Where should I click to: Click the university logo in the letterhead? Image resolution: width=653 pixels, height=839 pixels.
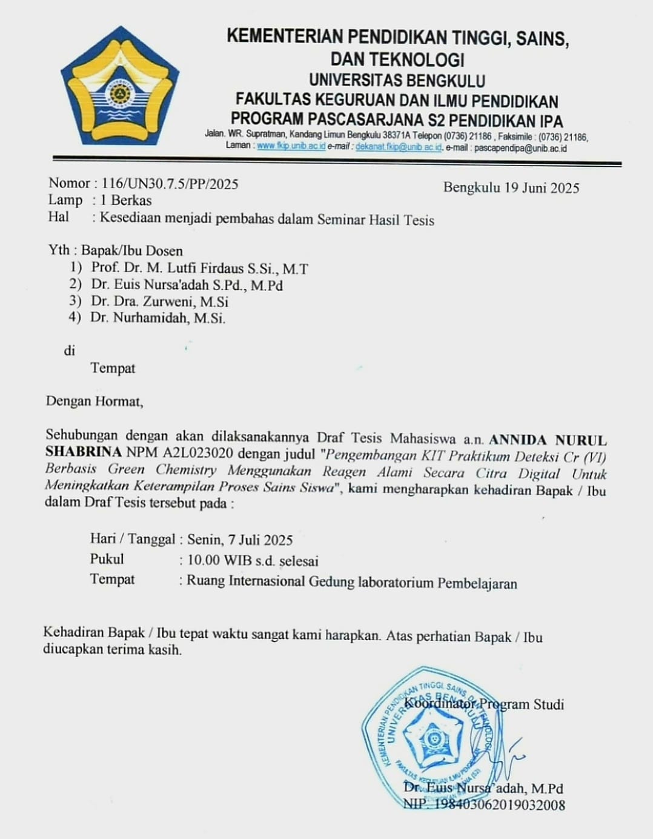click(120, 86)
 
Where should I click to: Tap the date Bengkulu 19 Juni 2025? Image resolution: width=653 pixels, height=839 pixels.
click(511, 188)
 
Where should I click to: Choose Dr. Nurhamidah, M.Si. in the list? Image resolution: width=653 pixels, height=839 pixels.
click(157, 318)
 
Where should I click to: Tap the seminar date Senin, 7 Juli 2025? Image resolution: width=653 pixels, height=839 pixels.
click(240, 540)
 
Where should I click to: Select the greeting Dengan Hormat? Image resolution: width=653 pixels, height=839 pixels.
click(94, 401)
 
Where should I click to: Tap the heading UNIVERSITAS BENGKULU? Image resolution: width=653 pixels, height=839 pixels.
click(397, 81)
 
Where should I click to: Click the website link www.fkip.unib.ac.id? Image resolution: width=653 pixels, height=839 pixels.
click(291, 146)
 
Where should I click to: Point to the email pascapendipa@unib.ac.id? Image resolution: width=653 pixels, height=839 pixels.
click(520, 148)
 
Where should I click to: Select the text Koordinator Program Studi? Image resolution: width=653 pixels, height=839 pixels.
click(483, 704)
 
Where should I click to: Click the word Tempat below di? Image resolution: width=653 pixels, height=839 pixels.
click(113, 368)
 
